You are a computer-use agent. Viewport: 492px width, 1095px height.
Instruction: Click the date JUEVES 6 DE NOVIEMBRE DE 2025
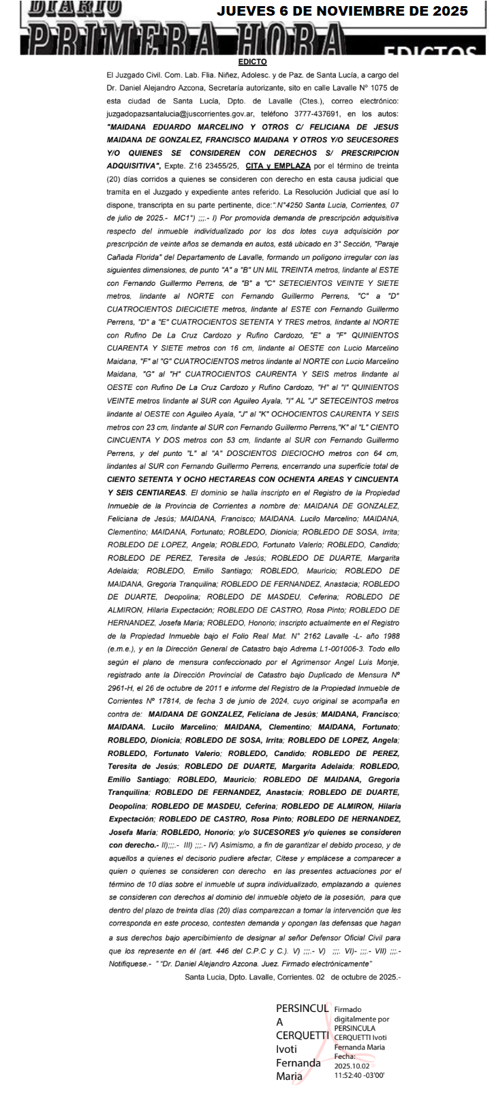(342, 11)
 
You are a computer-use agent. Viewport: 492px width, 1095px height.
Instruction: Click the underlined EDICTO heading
(252, 62)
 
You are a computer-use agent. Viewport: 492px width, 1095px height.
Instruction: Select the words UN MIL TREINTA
(247, 270)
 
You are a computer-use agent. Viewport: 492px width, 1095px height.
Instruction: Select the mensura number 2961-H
(121, 688)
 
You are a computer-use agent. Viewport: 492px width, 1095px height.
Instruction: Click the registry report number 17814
(176, 701)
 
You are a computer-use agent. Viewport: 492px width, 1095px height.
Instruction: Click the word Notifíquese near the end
(128, 963)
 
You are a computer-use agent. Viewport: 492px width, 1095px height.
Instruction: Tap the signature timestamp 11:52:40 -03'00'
(359, 1075)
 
